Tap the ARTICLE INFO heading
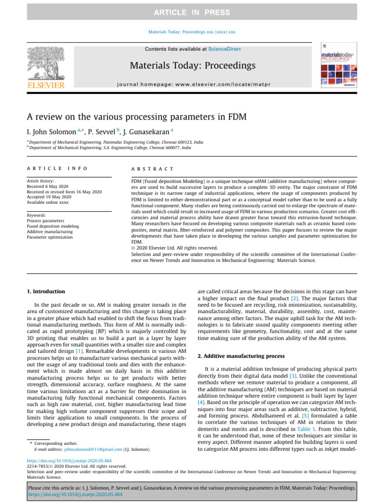click(x=57, y=168)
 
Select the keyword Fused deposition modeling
click(x=53, y=226)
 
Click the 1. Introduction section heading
click(x=45, y=291)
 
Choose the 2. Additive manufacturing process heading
click(x=238, y=355)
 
